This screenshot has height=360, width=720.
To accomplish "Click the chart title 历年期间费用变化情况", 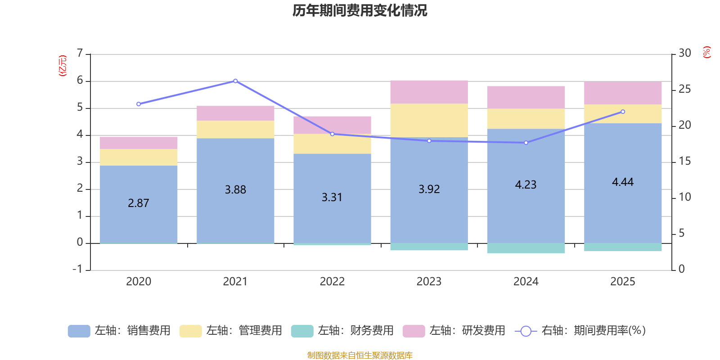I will point(360,10).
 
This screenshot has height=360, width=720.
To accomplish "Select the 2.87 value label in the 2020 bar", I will point(138,203).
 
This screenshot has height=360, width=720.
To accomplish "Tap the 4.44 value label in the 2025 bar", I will point(622,182).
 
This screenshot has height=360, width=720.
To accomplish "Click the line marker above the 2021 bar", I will point(235,81).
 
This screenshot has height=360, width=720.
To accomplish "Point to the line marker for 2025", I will point(623,112).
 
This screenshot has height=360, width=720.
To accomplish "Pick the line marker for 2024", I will point(526,143).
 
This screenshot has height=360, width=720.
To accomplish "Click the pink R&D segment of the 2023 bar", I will point(429,92).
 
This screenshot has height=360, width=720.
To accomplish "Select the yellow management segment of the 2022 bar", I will point(332,144).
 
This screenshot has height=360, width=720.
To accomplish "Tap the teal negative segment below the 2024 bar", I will point(526,248).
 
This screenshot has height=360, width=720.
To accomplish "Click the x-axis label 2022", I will point(332,282).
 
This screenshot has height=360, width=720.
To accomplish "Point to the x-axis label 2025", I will point(622,282).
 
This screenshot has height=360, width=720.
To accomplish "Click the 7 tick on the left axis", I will point(80,53).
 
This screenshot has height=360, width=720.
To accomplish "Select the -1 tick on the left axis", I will point(78,269).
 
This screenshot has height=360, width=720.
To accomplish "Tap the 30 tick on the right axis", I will point(684,53).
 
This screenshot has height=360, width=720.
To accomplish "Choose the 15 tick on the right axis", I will point(684,161).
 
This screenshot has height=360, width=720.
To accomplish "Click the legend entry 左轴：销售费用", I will point(119,331).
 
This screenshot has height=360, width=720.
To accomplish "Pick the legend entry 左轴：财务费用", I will point(342,331).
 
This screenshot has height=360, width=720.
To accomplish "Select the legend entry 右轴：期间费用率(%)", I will point(580,331).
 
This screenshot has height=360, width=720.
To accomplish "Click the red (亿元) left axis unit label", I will point(63,66).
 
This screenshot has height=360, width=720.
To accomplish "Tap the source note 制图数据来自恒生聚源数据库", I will point(360,355).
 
